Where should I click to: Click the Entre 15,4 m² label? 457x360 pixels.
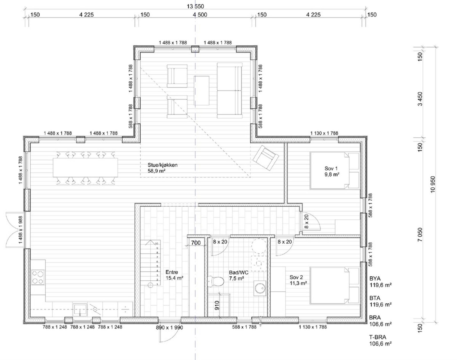pos(174,275)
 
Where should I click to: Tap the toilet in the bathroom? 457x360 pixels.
pos(216,281)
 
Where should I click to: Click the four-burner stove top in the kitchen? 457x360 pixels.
pos(38,277)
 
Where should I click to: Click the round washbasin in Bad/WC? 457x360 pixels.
pos(260,288)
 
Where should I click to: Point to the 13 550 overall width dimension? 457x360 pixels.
pos(195,6)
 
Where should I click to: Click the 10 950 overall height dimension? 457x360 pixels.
pos(433,184)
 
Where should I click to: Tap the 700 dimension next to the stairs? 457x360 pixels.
pos(196,243)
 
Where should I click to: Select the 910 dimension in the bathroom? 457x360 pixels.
pos(217,305)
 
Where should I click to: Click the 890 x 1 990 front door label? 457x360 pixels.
pos(169,327)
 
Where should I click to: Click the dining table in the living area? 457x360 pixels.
pos(85,168)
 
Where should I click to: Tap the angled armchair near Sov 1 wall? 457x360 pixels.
pos(266,158)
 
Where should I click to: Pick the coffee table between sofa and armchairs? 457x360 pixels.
pos(201,90)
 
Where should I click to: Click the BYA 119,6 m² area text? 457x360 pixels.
pos(380,281)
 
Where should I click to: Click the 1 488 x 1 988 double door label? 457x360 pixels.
pos(20,230)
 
